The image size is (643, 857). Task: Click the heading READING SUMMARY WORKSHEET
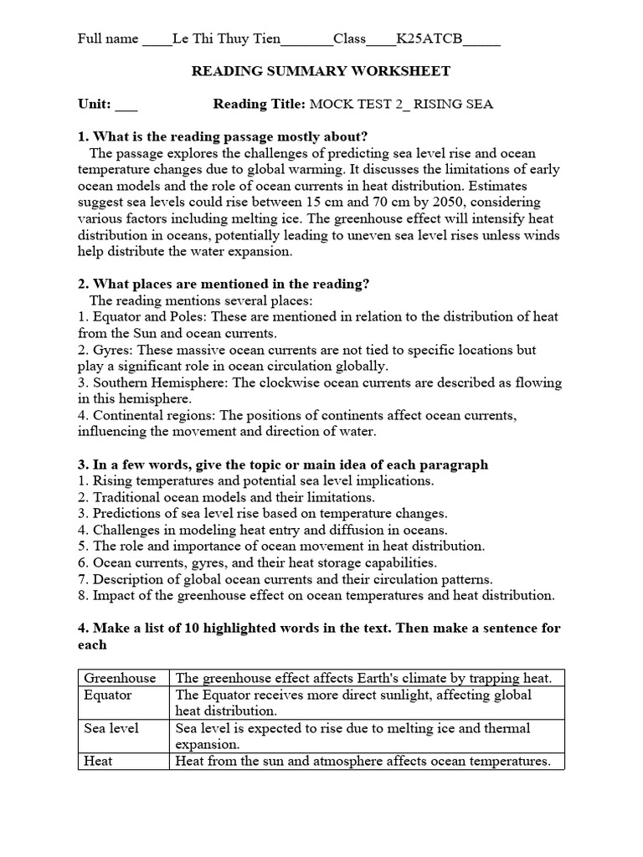pyautogui.click(x=321, y=72)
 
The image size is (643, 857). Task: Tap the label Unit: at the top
pyautogui.click(x=94, y=105)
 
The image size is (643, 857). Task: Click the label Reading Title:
pyautogui.click(x=260, y=105)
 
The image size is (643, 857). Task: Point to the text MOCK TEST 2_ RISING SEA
pyautogui.click(x=401, y=105)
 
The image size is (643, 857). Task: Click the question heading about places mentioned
pyautogui.click(x=224, y=285)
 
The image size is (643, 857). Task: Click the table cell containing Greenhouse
pyautogui.click(x=123, y=679)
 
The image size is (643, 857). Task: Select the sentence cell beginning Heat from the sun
pyautogui.click(x=363, y=761)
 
